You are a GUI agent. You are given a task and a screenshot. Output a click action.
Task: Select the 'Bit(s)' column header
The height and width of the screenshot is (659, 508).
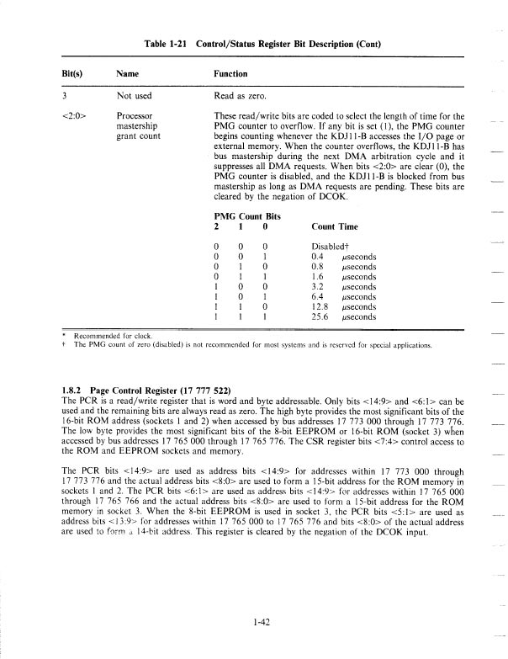coord(75,74)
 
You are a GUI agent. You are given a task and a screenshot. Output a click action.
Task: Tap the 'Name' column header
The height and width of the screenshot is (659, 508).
coord(128,74)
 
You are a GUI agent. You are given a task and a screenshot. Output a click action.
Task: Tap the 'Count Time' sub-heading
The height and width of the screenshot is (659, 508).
coord(336,226)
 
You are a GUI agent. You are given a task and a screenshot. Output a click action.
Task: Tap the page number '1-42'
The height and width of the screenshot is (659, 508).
coord(260,598)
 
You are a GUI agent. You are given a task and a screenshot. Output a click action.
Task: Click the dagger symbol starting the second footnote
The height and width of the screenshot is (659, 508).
coord(66,345)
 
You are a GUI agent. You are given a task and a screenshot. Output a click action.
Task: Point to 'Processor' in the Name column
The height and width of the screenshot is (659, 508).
coord(135,114)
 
